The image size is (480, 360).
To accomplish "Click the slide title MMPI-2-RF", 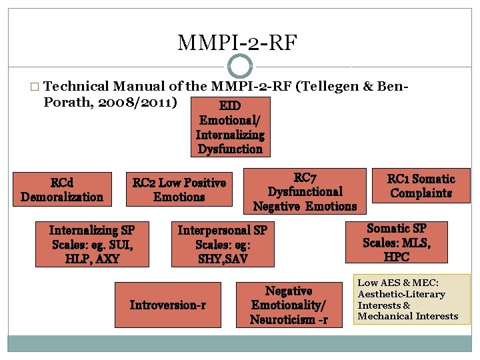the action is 238,43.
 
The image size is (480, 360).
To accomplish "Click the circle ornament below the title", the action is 240,66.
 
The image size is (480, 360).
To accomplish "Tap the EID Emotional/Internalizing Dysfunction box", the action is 230,127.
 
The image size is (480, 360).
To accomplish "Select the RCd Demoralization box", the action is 62,189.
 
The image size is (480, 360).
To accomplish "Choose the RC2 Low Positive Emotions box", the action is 179,189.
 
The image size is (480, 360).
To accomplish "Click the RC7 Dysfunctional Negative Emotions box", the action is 305,192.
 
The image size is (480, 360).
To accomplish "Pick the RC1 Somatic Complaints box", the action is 421,186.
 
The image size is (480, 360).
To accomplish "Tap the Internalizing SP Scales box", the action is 91,244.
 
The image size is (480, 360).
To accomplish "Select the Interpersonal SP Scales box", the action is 222,244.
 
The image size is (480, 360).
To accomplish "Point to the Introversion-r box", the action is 167,305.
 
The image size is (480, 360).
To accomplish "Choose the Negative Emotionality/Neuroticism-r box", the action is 289,305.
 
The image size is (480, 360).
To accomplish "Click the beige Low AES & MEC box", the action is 412,299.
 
